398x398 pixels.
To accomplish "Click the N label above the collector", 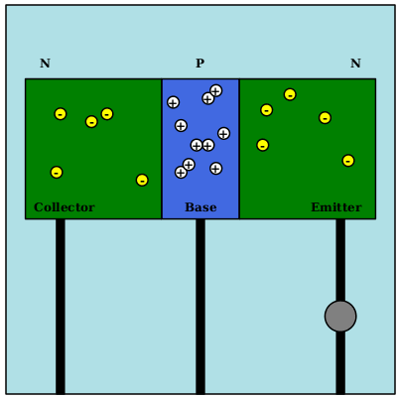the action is [45, 63].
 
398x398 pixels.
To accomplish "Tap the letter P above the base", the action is [199, 63].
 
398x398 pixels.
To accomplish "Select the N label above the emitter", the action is [355, 63].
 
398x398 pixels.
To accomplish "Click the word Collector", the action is [65, 207].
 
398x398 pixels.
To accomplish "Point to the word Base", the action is [200, 207].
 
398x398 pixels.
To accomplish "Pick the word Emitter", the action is [336, 207].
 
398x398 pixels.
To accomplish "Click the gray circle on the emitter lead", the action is [340, 317].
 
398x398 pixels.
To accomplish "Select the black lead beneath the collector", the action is [61, 306].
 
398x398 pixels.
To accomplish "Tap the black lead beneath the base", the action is [200, 306].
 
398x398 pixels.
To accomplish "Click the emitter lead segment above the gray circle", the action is [340, 260].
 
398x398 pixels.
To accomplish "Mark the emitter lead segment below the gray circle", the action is [340, 362].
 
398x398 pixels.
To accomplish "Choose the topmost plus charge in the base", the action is [215, 90].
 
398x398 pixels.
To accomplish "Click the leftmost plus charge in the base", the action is [173, 102].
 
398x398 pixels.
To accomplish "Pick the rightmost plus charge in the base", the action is [223, 134].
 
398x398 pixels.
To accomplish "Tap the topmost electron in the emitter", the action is [290, 94].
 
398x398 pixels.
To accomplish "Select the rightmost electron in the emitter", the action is [348, 161].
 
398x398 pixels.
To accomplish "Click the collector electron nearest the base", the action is [142, 181].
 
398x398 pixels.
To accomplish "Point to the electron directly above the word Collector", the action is [57, 173].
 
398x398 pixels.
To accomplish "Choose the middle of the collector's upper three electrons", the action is [91, 122].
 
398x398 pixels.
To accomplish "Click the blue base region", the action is [200, 149].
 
